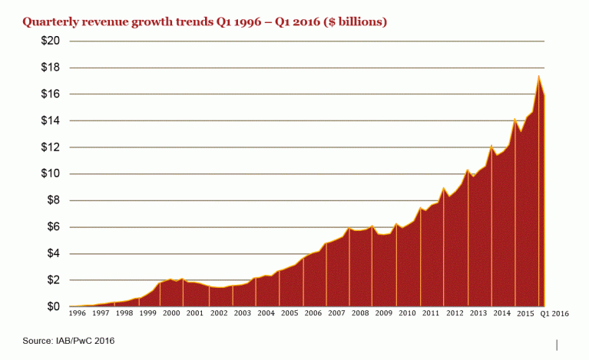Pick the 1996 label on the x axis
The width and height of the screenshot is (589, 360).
(x=78, y=314)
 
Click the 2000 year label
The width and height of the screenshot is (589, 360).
(x=172, y=314)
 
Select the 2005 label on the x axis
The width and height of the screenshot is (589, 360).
(x=290, y=314)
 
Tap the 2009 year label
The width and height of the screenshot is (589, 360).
(x=383, y=314)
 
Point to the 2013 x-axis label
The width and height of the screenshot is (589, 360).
(x=478, y=314)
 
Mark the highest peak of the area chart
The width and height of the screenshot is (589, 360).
(x=538, y=76)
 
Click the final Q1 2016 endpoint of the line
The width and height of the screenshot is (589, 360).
(x=544, y=96)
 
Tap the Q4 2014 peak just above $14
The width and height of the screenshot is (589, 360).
(x=515, y=119)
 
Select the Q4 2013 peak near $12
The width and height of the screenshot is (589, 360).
(x=491, y=145)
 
